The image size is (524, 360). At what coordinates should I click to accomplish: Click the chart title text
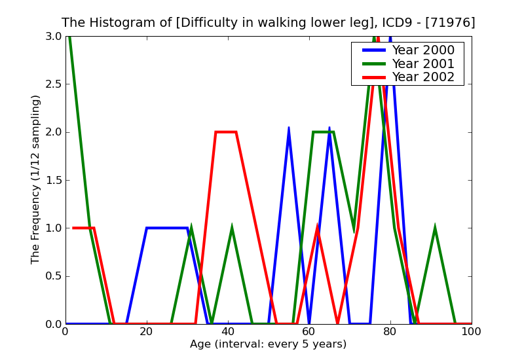point(269,23)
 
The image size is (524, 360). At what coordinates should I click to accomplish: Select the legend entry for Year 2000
point(422,50)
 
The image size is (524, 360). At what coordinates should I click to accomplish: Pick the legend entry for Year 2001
point(422,63)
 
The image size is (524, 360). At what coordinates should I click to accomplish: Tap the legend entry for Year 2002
point(422,77)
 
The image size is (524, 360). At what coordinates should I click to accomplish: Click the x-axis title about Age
point(268,344)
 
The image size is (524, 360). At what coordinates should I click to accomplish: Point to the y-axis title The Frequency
point(36,179)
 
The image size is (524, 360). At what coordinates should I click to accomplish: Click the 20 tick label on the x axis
point(147,332)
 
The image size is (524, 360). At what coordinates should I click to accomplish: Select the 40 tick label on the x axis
point(228,332)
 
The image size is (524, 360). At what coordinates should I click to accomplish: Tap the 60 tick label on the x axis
point(309,332)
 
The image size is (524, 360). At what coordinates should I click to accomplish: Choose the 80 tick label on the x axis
point(390,332)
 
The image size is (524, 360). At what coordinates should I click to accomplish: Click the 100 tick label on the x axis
point(471,332)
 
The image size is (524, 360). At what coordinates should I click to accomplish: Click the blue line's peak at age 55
point(289,128)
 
